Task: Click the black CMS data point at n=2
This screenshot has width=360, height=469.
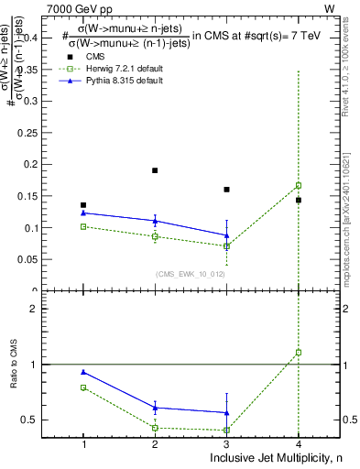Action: point(155,170)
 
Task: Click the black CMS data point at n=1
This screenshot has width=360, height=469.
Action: point(83,205)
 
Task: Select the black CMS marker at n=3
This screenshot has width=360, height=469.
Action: point(226,190)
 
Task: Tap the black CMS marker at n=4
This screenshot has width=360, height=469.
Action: point(299,200)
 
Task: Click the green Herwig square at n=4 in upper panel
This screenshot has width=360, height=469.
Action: point(299,185)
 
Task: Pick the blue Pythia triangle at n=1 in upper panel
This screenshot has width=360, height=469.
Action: point(83,213)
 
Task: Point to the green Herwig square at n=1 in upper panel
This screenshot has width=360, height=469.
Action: point(83,226)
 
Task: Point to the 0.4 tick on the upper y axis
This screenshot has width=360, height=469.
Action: point(47,38)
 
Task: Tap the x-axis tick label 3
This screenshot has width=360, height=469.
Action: point(226,443)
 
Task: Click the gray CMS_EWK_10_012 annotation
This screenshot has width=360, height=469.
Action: point(189,273)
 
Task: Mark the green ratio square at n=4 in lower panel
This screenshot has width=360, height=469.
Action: point(299,352)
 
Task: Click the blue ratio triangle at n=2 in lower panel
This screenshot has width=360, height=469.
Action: point(155,408)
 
